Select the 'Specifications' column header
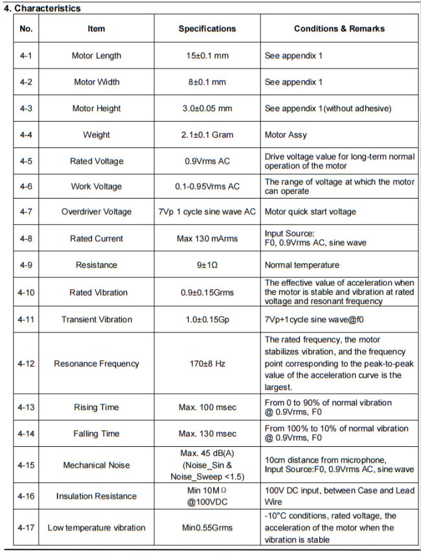coord(207,28)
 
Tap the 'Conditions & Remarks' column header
coord(339,28)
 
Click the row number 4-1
coord(26,56)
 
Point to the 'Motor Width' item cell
coord(97,82)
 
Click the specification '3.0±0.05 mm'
coord(207,109)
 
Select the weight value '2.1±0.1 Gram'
coord(207,135)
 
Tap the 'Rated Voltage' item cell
coord(97,161)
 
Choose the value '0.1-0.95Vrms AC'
coord(207,186)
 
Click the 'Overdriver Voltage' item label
coord(97,211)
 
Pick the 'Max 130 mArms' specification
coord(207,239)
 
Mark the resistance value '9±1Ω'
coord(207,265)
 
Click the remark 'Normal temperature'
coord(302,265)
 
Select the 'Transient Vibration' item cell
coord(97,319)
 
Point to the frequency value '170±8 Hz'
coord(207,363)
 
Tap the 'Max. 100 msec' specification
coord(207,407)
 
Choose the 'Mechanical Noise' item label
coord(97,465)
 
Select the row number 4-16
coord(26,496)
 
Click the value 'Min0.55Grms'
coord(207,528)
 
